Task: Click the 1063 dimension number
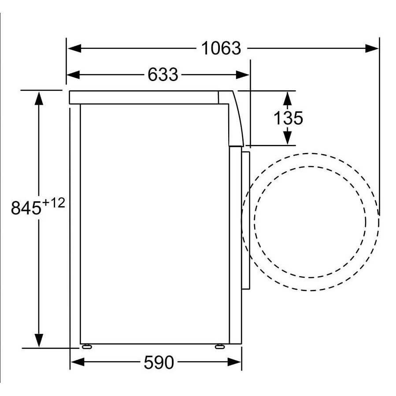tap(221, 48)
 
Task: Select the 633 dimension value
tap(163, 75)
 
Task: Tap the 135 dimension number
tap(288, 118)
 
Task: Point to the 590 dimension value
tap(159, 363)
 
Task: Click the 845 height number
tap(26, 208)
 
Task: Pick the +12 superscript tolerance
tap(54, 203)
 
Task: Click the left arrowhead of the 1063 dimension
tap(74, 48)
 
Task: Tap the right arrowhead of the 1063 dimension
tap(372, 48)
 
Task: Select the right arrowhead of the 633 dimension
tap(242, 75)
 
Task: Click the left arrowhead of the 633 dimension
tap(73, 75)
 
